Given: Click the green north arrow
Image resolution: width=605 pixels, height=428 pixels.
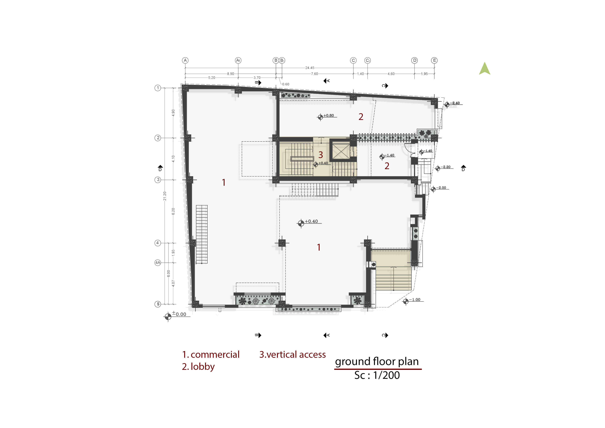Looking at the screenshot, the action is tap(485, 69).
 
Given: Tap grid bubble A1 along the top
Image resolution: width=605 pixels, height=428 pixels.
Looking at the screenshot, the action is tap(238, 60).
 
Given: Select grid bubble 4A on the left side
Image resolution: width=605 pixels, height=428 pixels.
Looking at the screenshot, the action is tap(158, 263).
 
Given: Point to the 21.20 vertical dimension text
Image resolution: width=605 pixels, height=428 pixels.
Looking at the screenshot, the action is tap(165, 196).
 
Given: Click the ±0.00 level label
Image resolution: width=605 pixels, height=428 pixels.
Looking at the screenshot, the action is tap(179, 314).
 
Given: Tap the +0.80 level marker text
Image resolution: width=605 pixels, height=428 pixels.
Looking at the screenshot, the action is tap(329, 115).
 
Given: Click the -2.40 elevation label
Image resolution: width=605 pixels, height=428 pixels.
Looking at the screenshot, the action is tap(455, 103).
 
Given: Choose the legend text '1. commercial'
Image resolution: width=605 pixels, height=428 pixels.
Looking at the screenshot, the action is tap(211, 354).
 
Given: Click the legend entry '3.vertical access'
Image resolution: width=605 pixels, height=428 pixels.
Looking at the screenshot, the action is tap(292, 354).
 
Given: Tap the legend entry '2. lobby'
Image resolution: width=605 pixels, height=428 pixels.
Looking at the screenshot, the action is tap(198, 367).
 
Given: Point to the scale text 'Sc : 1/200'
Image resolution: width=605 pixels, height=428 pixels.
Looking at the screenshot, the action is tap(377, 375).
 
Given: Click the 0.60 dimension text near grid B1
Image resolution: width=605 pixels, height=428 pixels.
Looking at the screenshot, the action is tap(286, 84).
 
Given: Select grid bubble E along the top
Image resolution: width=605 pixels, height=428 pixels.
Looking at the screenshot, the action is tap(434, 60).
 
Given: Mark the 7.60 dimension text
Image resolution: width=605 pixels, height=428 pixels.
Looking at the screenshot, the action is tap(314, 74).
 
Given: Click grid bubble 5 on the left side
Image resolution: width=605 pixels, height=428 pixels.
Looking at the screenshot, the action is tap(158, 304).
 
